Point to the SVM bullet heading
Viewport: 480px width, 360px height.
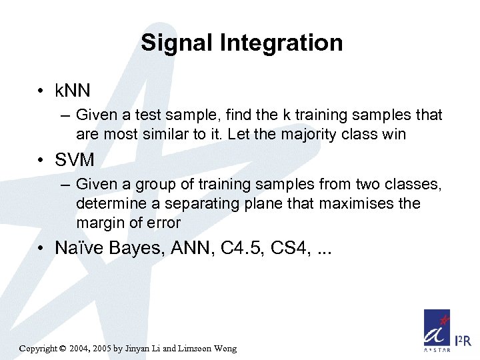point(75,160)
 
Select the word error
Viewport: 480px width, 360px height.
point(163,222)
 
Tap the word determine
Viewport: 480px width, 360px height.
point(109,203)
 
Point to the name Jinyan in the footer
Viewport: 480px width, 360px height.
point(147,349)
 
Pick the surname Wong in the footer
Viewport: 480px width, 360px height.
point(223,349)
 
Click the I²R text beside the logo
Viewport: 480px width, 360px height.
point(463,342)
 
